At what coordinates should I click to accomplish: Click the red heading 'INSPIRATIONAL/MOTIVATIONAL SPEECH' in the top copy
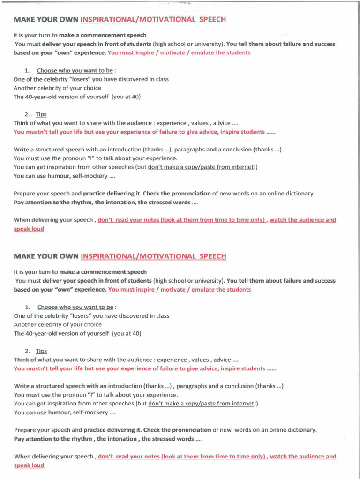tap(153, 20)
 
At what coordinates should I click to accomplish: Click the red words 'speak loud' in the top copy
tap(29, 229)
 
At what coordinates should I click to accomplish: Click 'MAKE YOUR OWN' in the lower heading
tap(46, 256)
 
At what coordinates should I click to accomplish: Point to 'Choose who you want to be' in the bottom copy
tap(75, 307)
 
